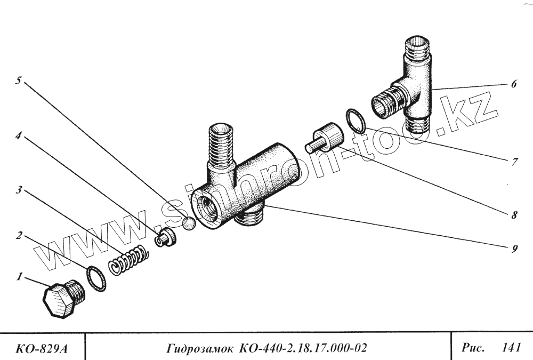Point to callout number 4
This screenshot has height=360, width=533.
pos(19,136)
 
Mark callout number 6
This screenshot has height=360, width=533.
pos(513,84)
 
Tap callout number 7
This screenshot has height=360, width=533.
pos(514,162)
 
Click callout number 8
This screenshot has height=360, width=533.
pos(514,216)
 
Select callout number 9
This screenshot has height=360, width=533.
pos(514,249)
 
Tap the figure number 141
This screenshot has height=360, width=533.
pos(511,348)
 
